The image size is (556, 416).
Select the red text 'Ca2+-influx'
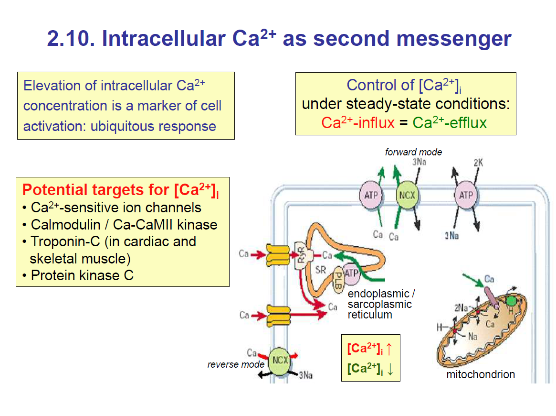coord(358,123)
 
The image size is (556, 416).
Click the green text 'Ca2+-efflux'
coord(450,123)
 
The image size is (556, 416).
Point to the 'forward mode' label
coord(413,152)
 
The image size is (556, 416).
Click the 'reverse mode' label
coord(236,364)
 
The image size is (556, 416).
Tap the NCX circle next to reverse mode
coord(280,360)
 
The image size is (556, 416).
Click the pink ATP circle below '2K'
coord(466,195)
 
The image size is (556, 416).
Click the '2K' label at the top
coord(478,163)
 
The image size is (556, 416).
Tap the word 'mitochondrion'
coord(481,374)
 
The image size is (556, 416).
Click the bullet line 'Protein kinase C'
coord(82,275)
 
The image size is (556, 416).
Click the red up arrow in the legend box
coord(389,349)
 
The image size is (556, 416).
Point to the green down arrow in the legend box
coord(390,370)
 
